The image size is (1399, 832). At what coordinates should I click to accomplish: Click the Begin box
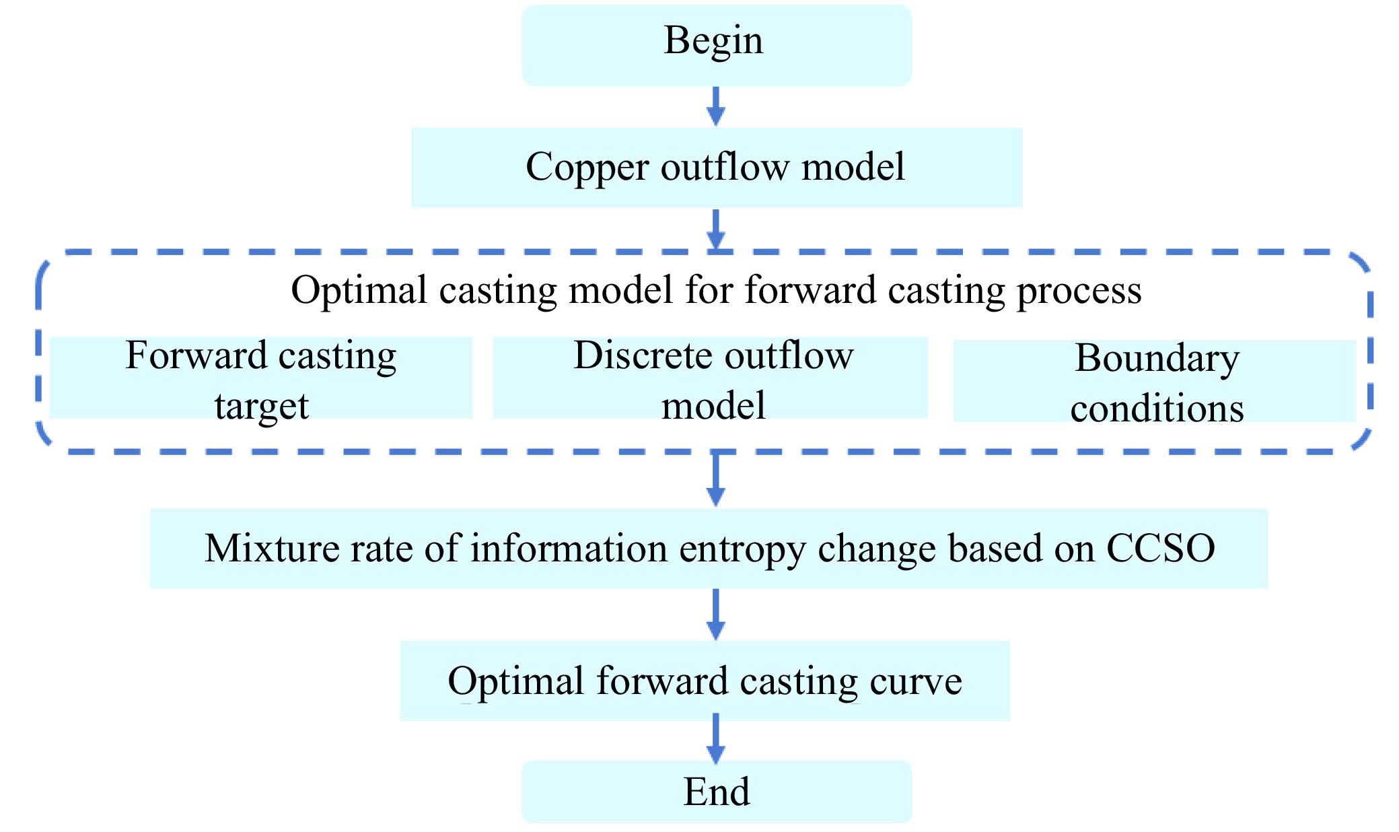pyautogui.click(x=716, y=44)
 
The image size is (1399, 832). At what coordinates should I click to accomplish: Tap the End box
pyautogui.click(x=716, y=791)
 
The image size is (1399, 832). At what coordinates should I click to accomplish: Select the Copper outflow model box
pyautogui.click(x=716, y=167)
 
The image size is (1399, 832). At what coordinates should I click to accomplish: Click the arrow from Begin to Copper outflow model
pyautogui.click(x=716, y=106)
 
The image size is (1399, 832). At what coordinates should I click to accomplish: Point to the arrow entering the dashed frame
pyautogui.click(x=716, y=230)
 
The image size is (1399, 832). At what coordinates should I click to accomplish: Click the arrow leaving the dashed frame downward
pyautogui.click(x=716, y=479)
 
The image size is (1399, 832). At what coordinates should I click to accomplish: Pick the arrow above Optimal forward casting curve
pyautogui.click(x=716, y=614)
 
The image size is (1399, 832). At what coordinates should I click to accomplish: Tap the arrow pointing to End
pyautogui.click(x=716, y=739)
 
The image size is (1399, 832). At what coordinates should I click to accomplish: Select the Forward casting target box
pyautogui.click(x=261, y=378)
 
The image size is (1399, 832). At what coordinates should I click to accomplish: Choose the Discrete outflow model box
pyautogui.click(x=711, y=378)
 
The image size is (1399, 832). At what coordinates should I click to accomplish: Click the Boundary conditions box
pyautogui.click(x=1155, y=381)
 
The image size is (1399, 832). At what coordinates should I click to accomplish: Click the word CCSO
pyautogui.click(x=1160, y=548)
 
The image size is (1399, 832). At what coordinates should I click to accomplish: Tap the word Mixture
pyautogui.click(x=271, y=548)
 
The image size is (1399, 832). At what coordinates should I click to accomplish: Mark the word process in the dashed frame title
pyautogui.click(x=1079, y=291)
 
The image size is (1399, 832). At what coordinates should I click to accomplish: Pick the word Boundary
pyautogui.click(x=1156, y=358)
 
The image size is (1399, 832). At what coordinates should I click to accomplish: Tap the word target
pyautogui.click(x=261, y=407)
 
